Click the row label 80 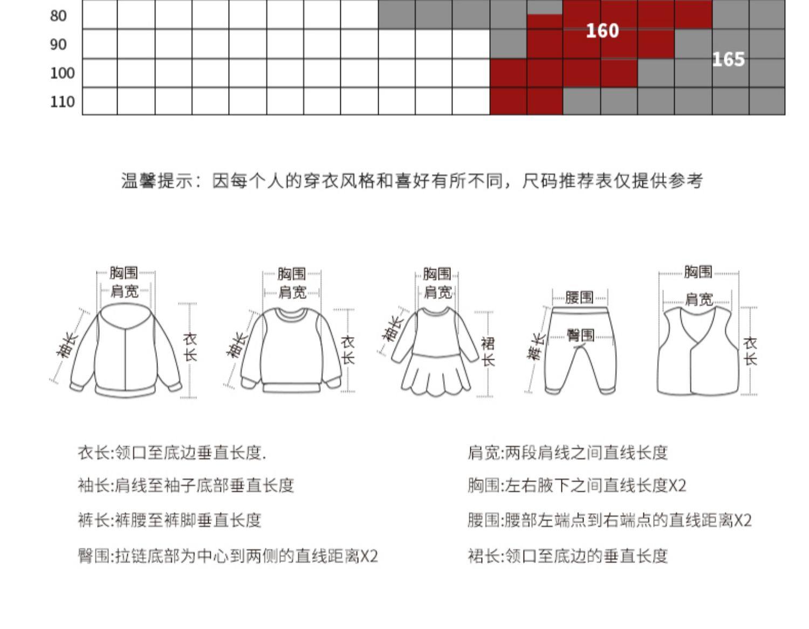click(x=58, y=16)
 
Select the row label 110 click(x=62, y=101)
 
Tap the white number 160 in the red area click(x=602, y=31)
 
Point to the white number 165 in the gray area click(x=728, y=59)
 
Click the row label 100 click(x=62, y=73)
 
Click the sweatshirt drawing click(x=291, y=350)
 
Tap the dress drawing click(x=435, y=350)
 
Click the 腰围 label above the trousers click(x=579, y=297)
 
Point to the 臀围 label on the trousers click(x=580, y=335)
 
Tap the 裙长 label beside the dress click(x=488, y=351)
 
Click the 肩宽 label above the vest click(x=698, y=299)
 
